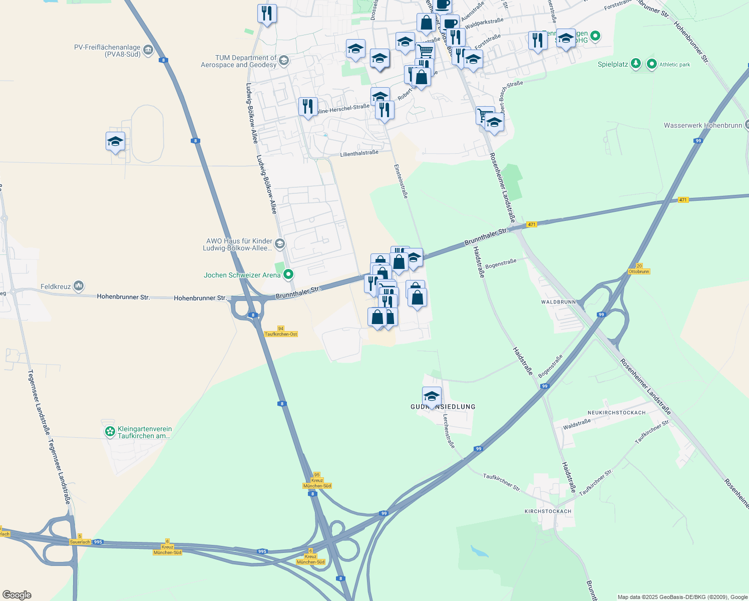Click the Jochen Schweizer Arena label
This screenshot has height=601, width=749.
(242, 275)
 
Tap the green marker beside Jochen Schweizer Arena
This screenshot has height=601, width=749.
(288, 274)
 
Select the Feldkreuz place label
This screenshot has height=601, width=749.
(56, 286)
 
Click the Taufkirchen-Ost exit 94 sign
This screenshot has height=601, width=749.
(280, 332)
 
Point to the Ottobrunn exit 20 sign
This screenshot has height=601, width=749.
(639, 269)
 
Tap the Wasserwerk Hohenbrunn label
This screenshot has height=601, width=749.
(702, 125)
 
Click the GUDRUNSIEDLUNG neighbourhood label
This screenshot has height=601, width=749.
(443, 407)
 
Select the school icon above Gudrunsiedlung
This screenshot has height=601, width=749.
(432, 397)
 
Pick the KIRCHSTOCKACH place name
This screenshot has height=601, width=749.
(548, 511)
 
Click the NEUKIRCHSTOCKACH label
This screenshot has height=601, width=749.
(616, 413)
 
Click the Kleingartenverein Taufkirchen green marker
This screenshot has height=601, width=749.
(110, 432)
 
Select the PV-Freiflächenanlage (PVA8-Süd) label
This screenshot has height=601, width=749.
(107, 51)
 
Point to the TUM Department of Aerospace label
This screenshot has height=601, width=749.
(238, 61)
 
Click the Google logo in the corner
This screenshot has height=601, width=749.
(17, 595)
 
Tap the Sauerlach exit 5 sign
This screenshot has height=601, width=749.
(80, 539)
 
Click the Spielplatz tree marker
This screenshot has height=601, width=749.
(635, 64)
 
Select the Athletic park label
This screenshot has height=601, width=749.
(674, 65)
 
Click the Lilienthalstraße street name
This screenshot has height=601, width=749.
(359, 153)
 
